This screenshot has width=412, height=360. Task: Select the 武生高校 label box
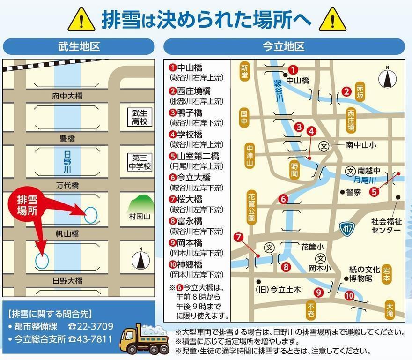click(140, 117)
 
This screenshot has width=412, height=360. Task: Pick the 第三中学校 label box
click(140, 161)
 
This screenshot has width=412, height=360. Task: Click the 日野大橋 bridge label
click(67, 280)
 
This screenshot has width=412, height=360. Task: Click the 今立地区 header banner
click(284, 46)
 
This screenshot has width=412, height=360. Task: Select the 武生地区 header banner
click(79, 46)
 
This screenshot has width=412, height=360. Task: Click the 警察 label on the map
click(353, 192)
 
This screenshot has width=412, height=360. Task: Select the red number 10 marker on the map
click(349, 295)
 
